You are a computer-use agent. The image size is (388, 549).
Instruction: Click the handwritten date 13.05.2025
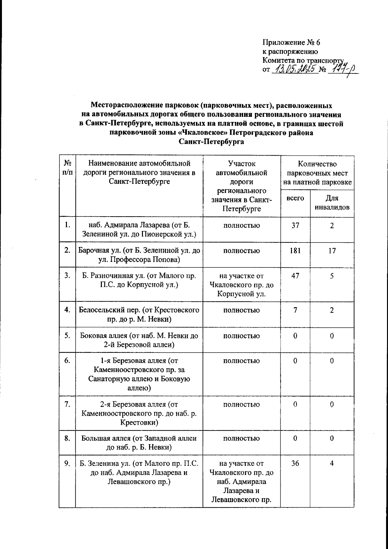pyautogui.click(x=295, y=70)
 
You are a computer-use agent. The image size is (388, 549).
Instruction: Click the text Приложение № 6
pyautogui.click(x=291, y=42)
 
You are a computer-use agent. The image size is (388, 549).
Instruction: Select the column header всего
pyautogui.click(x=295, y=198)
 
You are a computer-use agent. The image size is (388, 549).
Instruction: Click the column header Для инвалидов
pyautogui.click(x=332, y=202)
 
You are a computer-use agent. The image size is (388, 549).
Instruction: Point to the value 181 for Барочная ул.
pyautogui.click(x=295, y=251)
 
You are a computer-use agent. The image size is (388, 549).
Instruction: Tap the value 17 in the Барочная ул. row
pyautogui.click(x=332, y=251)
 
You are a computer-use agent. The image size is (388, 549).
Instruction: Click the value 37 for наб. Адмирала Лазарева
pyautogui.click(x=295, y=225)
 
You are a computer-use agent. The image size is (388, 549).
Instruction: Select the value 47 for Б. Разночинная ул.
pyautogui.click(x=295, y=276)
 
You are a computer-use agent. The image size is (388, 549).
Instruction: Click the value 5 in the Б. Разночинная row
pyautogui.click(x=332, y=276)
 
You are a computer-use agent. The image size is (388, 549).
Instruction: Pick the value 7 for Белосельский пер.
pyautogui.click(x=295, y=310)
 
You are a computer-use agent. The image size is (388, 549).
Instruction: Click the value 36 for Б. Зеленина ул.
pyautogui.click(x=295, y=463)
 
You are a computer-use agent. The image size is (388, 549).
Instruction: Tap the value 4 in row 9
pyautogui.click(x=332, y=463)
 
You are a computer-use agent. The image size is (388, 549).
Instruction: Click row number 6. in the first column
pyautogui.click(x=67, y=361)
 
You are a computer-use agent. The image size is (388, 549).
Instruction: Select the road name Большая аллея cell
pyautogui.click(x=139, y=443)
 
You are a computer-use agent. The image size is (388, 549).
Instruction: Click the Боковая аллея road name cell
pyautogui.click(x=139, y=340)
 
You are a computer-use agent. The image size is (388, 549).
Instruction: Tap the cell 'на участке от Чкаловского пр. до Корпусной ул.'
pyautogui.click(x=242, y=285)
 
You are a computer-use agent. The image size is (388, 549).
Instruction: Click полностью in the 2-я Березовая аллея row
pyautogui.click(x=242, y=404)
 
